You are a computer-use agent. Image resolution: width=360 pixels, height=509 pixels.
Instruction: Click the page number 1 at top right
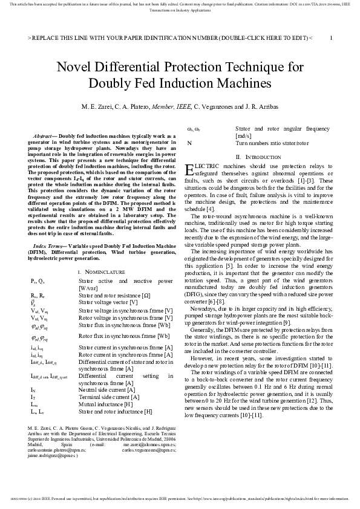(330, 37)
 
